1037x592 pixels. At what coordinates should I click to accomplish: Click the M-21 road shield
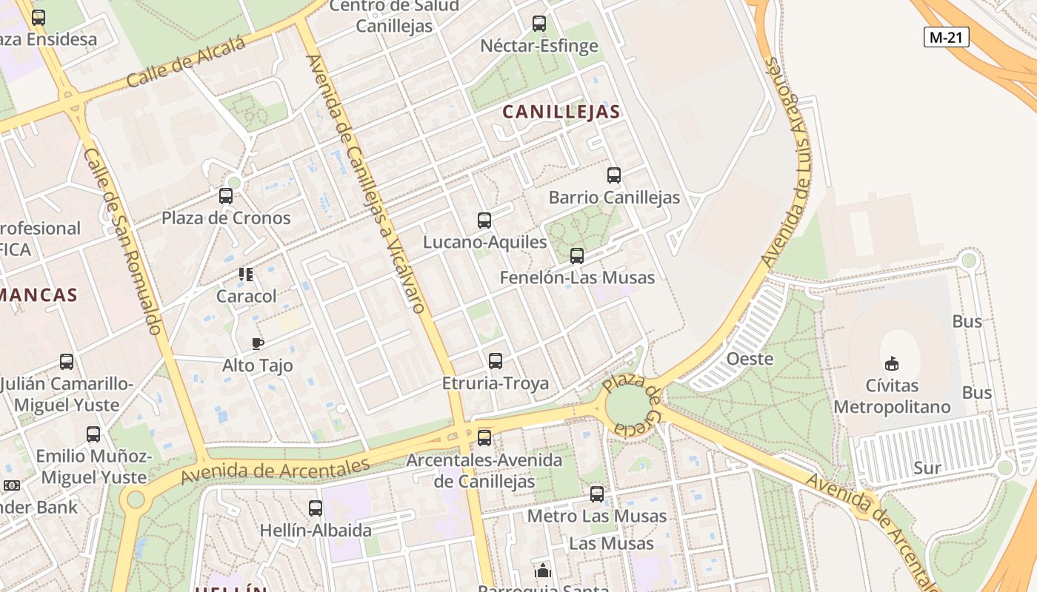947,37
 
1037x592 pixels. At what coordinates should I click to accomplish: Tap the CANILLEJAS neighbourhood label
561,112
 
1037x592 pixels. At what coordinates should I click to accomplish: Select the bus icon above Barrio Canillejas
614,175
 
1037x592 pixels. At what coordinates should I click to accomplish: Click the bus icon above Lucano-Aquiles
484,220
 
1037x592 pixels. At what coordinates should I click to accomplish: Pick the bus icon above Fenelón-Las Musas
577,256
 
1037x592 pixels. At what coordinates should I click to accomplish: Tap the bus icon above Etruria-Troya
496,361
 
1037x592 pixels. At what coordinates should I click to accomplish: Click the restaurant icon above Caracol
246,275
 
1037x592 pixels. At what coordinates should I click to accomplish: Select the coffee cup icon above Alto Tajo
257,343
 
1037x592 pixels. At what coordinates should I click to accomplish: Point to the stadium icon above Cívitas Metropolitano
892,363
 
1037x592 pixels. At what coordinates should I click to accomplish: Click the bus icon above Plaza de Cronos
226,196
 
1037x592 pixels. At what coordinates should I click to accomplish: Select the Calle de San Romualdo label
122,240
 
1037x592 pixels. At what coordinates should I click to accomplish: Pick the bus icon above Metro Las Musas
597,494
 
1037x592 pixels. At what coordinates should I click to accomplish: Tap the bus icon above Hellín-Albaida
316,508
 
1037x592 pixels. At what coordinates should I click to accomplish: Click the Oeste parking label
750,360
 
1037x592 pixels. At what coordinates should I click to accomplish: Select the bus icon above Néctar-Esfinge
539,24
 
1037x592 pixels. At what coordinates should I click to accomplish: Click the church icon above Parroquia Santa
543,571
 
